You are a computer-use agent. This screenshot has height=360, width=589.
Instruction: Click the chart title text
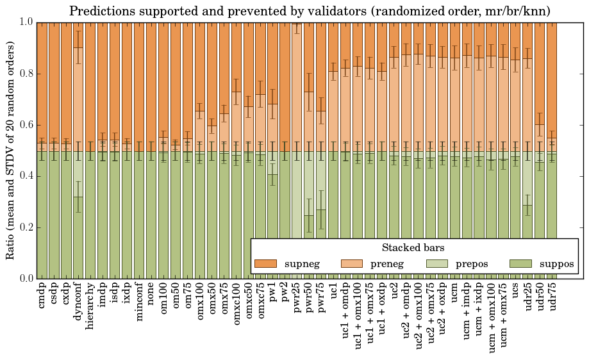click(x=310, y=11)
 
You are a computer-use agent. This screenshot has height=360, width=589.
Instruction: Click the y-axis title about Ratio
click(x=11, y=149)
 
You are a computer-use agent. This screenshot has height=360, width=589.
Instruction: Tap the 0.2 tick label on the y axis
click(x=26, y=227)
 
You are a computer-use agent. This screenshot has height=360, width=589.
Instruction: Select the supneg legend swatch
click(x=265, y=263)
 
